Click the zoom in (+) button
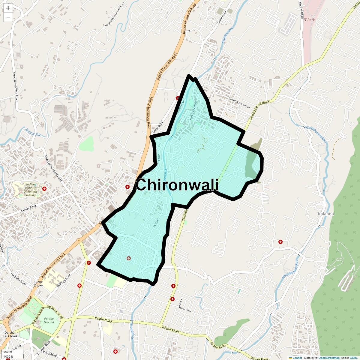pyautogui.click(x=8, y=8)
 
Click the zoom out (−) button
pyautogui.click(x=8, y=17)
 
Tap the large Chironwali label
pyautogui.click(x=177, y=185)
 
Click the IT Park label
pyautogui.click(x=309, y=20)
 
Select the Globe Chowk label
pyautogui.click(x=38, y=283)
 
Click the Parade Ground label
pyautogui.click(x=49, y=320)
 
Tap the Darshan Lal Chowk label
pyautogui.click(x=10, y=334)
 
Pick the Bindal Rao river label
pyautogui.click(x=33, y=132)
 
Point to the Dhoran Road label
pyautogui.click(x=301, y=10)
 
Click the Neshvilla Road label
pyautogui.click(x=19, y=279)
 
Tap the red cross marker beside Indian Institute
pyautogui.click(x=44, y=189)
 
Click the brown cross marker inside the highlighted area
pyautogui.click(x=129, y=258)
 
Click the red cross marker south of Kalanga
pyautogui.click(x=280, y=241)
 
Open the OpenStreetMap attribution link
pyautogui.click(x=329, y=358)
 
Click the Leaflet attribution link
pyautogui.click(x=297, y=358)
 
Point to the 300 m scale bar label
pyautogui.click(x=8, y=352)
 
